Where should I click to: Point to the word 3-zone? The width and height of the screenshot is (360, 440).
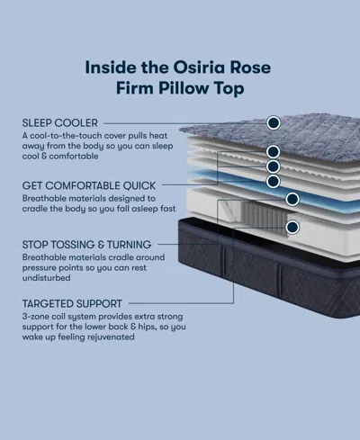point(36,318)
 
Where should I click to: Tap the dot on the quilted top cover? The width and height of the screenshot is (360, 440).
point(274,121)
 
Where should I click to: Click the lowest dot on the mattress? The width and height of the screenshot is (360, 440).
point(292,227)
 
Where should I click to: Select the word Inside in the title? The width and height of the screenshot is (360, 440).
point(111,67)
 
